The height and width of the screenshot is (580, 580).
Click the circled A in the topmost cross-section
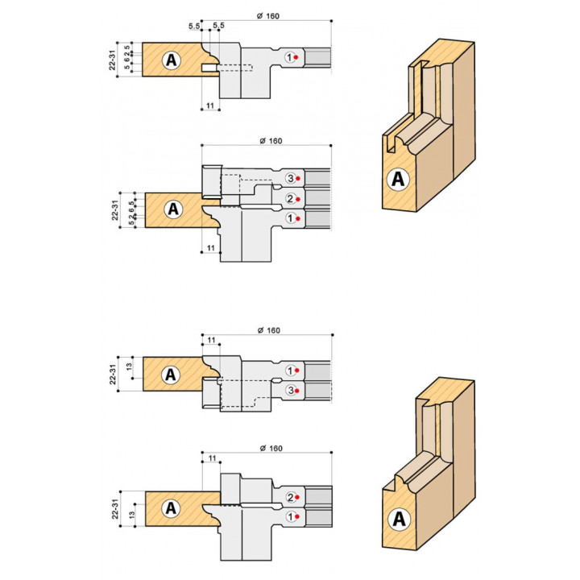[172, 60]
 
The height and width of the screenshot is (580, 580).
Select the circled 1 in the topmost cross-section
[289, 57]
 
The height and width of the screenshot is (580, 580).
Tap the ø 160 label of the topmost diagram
[268, 16]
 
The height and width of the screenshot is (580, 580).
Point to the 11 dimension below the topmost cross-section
[210, 106]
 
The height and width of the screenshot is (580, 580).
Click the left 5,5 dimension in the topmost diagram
[194, 26]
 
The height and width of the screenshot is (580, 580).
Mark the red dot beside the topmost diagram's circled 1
[296, 57]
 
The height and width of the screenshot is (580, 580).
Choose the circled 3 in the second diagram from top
[291, 178]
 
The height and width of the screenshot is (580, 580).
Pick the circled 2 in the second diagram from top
[291, 199]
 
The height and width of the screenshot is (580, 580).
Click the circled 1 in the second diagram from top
[291, 218]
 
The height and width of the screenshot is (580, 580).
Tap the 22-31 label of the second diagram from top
[114, 210]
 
